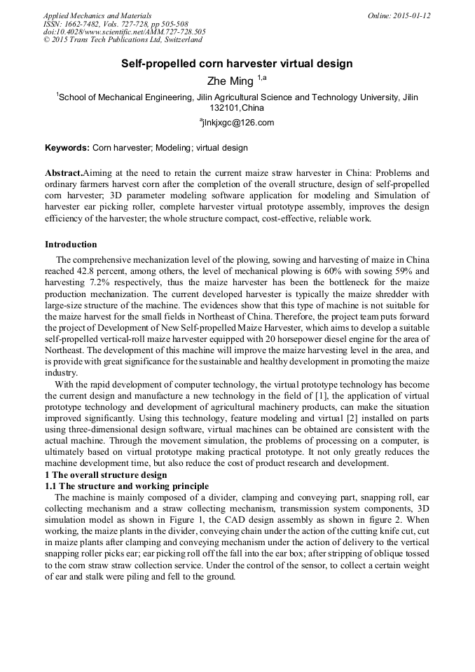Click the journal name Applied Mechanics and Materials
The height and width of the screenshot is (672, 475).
(97, 15)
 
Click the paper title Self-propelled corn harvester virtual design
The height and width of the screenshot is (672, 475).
(237, 64)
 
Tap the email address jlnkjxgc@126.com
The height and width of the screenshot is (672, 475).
(238, 123)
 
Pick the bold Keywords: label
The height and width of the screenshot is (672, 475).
(67, 149)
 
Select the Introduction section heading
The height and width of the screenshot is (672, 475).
(71, 245)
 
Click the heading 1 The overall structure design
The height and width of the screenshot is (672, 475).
(106, 475)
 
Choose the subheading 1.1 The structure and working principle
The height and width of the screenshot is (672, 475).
(127, 486)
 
